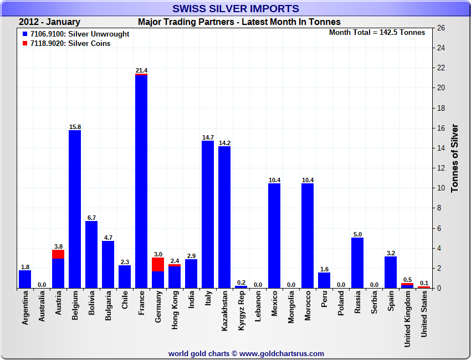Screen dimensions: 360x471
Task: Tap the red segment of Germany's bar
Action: click(x=158, y=264)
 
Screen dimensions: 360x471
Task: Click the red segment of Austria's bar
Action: click(x=58, y=254)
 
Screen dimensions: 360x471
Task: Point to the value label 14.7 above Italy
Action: click(x=208, y=137)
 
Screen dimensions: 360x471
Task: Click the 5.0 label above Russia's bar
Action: click(x=357, y=234)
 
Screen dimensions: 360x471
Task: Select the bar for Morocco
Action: click(x=308, y=236)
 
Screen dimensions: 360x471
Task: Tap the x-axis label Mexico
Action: click(x=274, y=304)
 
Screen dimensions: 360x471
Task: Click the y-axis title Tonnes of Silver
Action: click(x=455, y=158)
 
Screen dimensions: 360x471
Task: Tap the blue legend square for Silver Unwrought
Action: click(x=25, y=34)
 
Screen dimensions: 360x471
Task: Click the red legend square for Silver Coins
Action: click(x=25, y=43)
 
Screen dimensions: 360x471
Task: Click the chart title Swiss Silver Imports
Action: click(x=235, y=8)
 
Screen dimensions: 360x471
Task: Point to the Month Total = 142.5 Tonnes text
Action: click(x=377, y=32)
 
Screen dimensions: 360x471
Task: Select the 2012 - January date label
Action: click(x=49, y=22)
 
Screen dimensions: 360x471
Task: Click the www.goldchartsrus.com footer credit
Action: click(x=247, y=353)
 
